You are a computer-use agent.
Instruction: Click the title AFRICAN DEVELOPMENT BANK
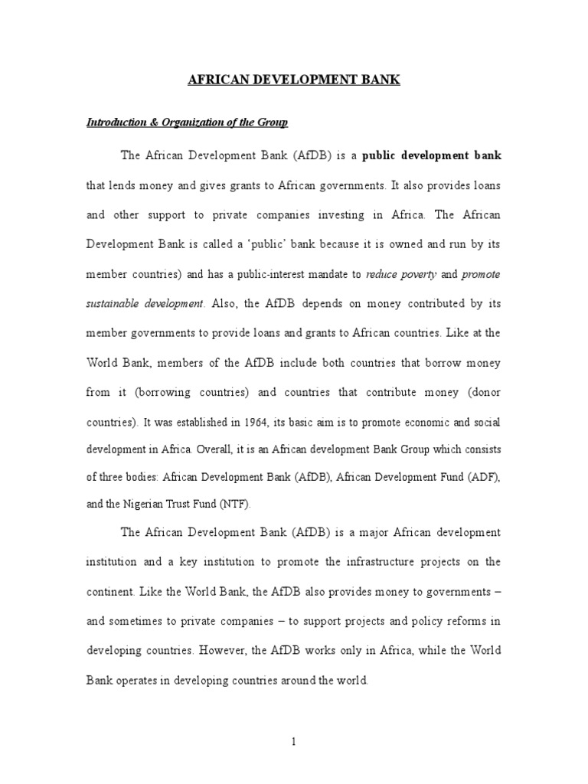294,80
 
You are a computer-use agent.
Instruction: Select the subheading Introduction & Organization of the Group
187,122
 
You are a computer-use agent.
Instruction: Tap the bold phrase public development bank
432,155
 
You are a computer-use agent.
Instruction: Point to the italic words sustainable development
145,303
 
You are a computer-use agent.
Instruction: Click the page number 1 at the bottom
294,742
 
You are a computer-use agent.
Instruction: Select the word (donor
482,393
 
